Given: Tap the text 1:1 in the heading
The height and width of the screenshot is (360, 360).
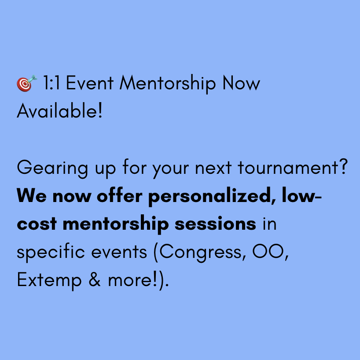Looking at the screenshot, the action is click(x=51, y=83).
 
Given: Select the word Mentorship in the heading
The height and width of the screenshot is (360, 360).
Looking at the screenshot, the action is click(x=168, y=84).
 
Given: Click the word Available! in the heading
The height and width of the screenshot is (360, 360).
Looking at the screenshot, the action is click(x=60, y=110).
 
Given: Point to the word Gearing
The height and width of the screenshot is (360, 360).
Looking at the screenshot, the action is click(x=52, y=168).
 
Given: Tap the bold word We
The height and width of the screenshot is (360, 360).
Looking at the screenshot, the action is click(x=32, y=196).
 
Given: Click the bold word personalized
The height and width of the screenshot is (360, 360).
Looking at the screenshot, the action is click(x=209, y=197).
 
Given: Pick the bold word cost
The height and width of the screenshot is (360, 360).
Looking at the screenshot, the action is click(x=37, y=224).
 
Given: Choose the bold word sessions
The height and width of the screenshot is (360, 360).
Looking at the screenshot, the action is click(x=215, y=224).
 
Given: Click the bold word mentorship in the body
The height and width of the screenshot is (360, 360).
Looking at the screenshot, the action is click(x=116, y=224).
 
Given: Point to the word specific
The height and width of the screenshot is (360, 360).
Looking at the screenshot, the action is click(x=51, y=253).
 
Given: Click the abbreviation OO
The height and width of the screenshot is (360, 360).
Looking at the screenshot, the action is click(x=268, y=251).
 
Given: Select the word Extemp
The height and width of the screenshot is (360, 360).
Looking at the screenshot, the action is click(x=49, y=280).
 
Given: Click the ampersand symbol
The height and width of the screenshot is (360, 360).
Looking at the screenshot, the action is click(x=95, y=279).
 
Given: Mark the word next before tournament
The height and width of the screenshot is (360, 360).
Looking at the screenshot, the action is click(x=213, y=168).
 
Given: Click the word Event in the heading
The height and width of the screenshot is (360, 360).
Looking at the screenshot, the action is click(x=89, y=83).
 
